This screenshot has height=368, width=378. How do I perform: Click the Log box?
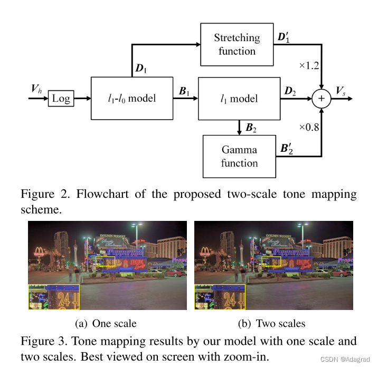(x=61, y=99)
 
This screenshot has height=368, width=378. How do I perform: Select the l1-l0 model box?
(x=131, y=98)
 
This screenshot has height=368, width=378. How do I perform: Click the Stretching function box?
(x=237, y=44)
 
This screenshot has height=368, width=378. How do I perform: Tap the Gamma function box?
(x=239, y=157)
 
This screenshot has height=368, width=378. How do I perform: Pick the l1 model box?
(x=239, y=99)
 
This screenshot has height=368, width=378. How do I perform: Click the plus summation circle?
(x=321, y=99)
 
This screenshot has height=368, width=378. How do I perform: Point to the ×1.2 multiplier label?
(x=309, y=66)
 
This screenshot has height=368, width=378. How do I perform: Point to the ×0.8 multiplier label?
(x=309, y=128)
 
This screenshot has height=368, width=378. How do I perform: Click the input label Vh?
(x=36, y=89)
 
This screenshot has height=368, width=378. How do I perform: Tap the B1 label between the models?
(x=185, y=92)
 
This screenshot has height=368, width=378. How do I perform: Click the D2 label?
(x=290, y=92)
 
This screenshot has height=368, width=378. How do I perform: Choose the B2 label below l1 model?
(x=251, y=128)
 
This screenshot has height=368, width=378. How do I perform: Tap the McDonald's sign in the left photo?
(x=39, y=251)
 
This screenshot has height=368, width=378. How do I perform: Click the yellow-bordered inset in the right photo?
(x=220, y=296)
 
